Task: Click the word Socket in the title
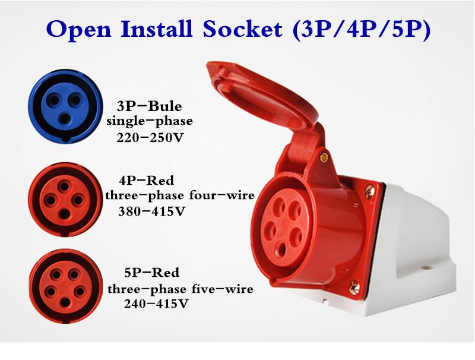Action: [242, 29]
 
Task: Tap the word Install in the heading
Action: [157, 29]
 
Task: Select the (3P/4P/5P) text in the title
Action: [362, 30]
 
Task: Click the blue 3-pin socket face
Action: [65, 106]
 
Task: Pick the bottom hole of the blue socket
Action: [65, 119]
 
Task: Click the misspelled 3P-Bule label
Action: [150, 106]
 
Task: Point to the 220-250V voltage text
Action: [150, 138]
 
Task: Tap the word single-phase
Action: [150, 122]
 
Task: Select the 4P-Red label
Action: [146, 181]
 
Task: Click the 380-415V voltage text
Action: [151, 211]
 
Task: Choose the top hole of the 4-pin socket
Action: [65, 186]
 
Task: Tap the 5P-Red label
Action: [152, 273]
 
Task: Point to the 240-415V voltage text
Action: [156, 304]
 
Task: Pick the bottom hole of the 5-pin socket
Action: [65, 302]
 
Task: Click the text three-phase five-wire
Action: [180, 289]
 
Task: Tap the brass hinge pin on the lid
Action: [324, 157]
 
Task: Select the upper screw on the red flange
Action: [369, 191]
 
